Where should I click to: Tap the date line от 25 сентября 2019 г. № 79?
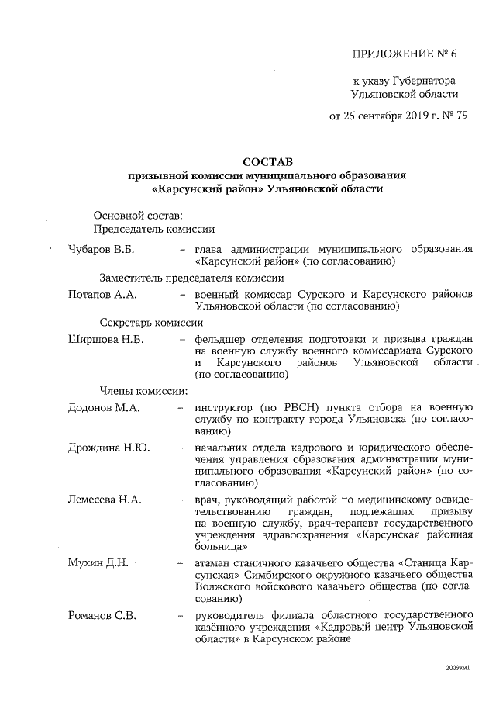398,116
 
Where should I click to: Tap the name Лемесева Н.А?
105,500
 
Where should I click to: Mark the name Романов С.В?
102,616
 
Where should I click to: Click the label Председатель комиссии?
153,229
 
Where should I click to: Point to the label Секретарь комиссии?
151,323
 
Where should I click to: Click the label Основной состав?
137,215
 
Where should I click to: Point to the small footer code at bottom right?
458,667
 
